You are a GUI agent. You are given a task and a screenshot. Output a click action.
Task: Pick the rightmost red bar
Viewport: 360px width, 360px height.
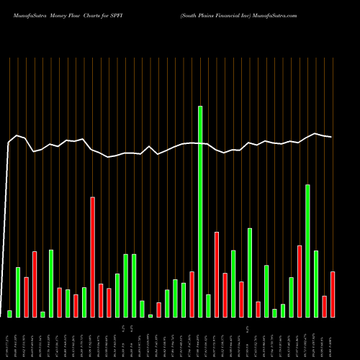(x=332, y=294)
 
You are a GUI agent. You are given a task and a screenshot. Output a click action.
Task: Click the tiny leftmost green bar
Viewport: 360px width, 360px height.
(x=10, y=313)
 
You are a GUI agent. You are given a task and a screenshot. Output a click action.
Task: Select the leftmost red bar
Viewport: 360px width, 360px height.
(x=27, y=297)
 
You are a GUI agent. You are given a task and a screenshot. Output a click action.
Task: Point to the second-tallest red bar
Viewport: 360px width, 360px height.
(x=217, y=274)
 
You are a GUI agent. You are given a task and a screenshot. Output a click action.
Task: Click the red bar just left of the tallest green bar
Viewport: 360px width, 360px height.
(x=192, y=294)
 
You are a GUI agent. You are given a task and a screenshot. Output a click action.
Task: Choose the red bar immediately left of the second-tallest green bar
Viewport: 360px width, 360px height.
(x=300, y=281)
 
